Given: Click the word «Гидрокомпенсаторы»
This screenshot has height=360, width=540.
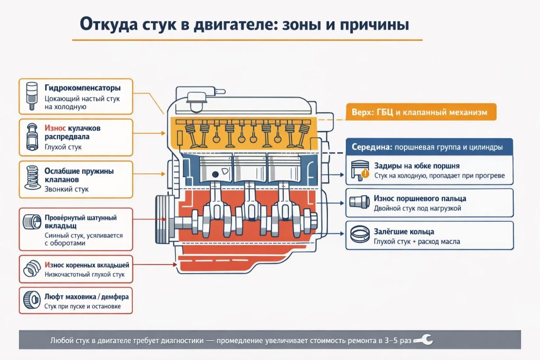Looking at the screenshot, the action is point(83,88).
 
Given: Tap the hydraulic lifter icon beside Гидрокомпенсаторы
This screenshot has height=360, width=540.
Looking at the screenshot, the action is point(32,96).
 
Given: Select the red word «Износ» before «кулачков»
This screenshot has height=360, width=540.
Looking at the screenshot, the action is point(55,129).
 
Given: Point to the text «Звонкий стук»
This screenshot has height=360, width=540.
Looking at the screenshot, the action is point(66,189).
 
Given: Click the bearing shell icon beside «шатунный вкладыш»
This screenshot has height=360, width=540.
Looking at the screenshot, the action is point(32,222).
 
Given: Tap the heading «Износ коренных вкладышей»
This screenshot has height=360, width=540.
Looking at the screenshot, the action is point(87,265).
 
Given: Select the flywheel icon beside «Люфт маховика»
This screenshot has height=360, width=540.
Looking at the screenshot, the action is point(32,299).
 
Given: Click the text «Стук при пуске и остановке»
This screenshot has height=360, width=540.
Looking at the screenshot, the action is point(83,306).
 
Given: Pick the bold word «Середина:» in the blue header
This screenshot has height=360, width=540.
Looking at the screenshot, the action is point(372,147).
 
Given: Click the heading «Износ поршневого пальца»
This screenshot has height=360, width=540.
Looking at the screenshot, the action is point(420,199).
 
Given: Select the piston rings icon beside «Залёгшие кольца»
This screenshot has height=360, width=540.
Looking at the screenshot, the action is point(360,233).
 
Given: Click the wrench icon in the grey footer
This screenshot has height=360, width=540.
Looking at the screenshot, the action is point(423,340).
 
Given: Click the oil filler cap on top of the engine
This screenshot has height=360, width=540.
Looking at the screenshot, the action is point(196,102).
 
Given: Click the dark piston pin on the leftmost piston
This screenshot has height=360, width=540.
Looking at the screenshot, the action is point(215,174).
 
